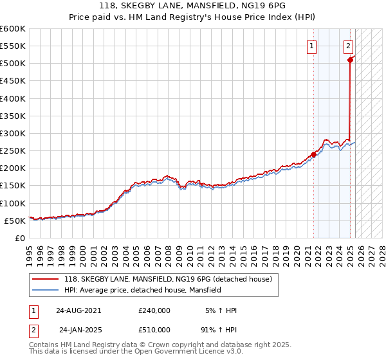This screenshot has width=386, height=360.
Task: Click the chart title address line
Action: pos(193,6)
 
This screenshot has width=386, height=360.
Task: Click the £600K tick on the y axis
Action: pos(13,29)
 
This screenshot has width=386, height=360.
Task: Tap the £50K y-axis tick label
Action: pos(15,221)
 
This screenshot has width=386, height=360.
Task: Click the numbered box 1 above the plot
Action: pos(311,46)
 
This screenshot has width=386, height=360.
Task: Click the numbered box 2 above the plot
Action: pos(348,46)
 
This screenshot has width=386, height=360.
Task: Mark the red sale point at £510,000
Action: pos(351,60)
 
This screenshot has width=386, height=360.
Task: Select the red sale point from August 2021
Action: pos(314,154)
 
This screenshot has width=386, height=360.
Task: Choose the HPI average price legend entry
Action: pos(142,290)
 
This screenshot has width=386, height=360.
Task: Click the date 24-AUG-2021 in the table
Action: pos(78,310)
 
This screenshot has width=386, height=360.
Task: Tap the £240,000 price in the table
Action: pos(154,310)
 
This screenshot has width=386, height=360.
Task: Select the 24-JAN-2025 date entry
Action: pos(80,330)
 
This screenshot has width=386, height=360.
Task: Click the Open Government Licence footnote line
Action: pos(136,352)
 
